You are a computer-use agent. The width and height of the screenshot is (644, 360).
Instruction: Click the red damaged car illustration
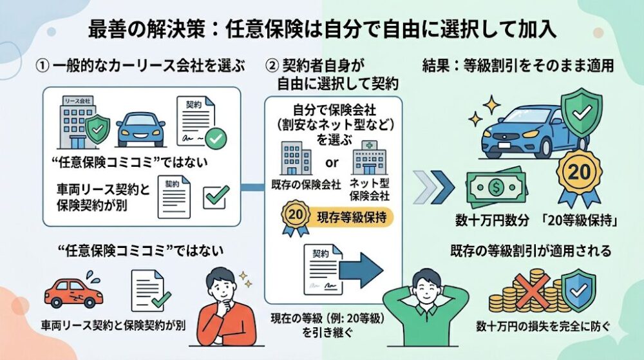(73, 293)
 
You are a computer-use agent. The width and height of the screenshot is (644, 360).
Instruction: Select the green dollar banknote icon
(495, 188)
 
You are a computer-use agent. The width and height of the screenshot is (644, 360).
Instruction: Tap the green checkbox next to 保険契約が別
(214, 197)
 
